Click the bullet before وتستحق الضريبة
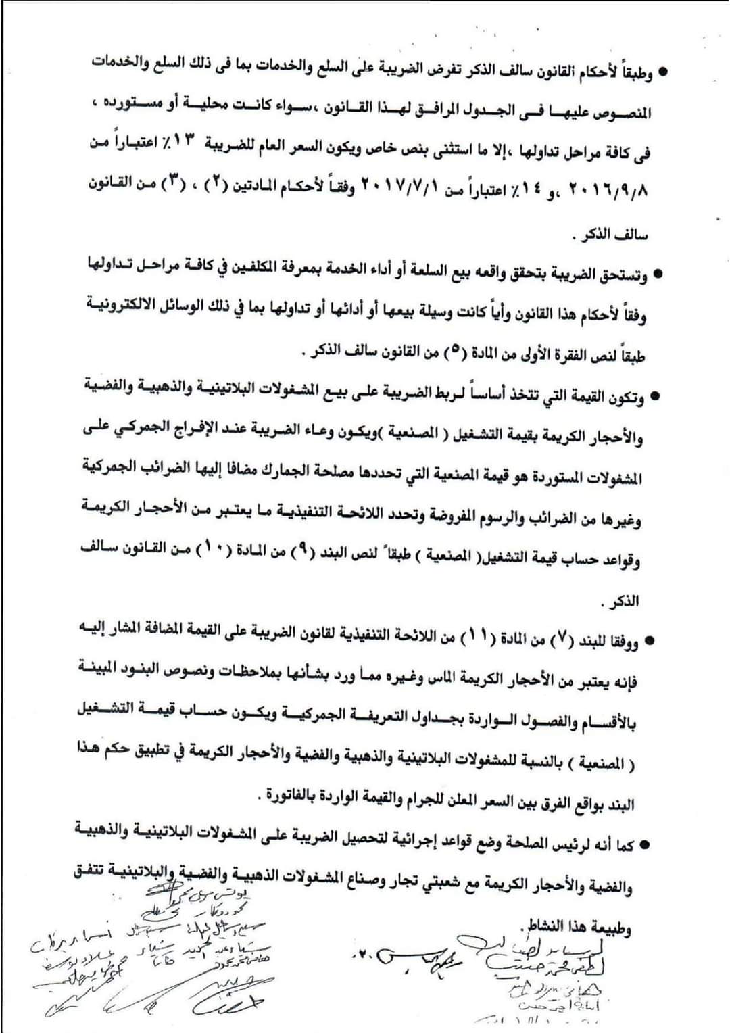coord(654,276)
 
